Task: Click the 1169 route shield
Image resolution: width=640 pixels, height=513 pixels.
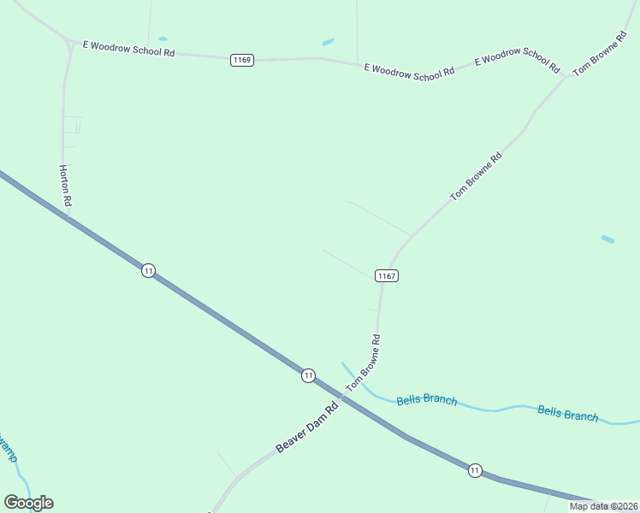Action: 242,60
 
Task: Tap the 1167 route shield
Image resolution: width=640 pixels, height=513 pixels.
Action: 386,275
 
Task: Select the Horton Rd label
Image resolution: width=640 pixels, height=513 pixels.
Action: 65,186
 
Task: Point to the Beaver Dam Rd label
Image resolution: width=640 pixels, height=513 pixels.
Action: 307,427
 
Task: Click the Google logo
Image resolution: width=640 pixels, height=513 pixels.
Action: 28,503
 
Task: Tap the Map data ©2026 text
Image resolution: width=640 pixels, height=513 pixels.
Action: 603,506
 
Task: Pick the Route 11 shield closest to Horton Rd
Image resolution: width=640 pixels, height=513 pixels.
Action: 149,270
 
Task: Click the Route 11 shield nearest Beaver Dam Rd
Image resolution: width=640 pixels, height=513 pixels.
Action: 308,375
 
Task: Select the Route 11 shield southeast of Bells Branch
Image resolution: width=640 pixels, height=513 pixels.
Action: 474,469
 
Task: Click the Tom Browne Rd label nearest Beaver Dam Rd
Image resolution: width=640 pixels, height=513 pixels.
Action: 363,364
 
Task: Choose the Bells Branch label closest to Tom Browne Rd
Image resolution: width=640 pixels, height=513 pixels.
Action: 426,399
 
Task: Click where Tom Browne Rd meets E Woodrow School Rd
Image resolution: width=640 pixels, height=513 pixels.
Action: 566,77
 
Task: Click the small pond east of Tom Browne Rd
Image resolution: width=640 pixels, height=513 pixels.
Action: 607,239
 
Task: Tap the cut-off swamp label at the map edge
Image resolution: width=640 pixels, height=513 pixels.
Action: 8,446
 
